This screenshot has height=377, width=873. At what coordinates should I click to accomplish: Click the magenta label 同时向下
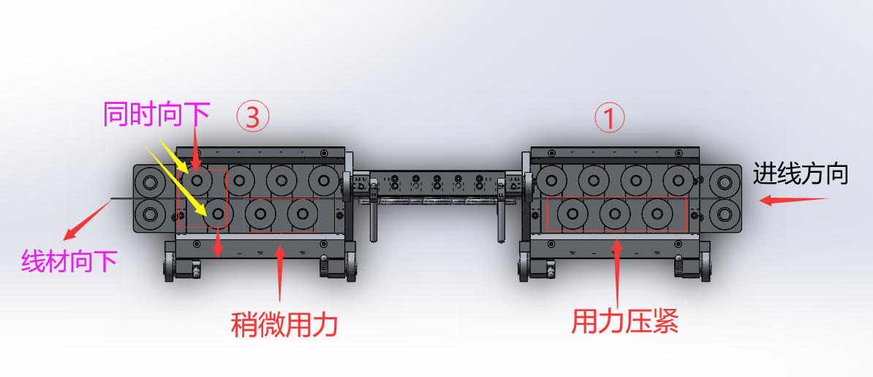pos(156,113)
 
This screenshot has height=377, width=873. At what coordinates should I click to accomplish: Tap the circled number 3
pos(253,116)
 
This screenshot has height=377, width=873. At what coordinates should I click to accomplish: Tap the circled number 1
pos(609,116)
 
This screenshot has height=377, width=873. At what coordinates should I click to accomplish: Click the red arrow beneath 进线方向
pos(793,199)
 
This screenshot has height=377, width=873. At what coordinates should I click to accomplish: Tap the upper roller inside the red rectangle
pos(197,179)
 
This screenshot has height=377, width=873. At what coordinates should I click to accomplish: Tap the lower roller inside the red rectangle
pos(216,214)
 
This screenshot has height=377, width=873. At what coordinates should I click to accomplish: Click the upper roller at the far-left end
pos(151,180)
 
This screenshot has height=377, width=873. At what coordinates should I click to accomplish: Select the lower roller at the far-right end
pos(725,214)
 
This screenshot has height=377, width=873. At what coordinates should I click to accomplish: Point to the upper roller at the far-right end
pos(725,180)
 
